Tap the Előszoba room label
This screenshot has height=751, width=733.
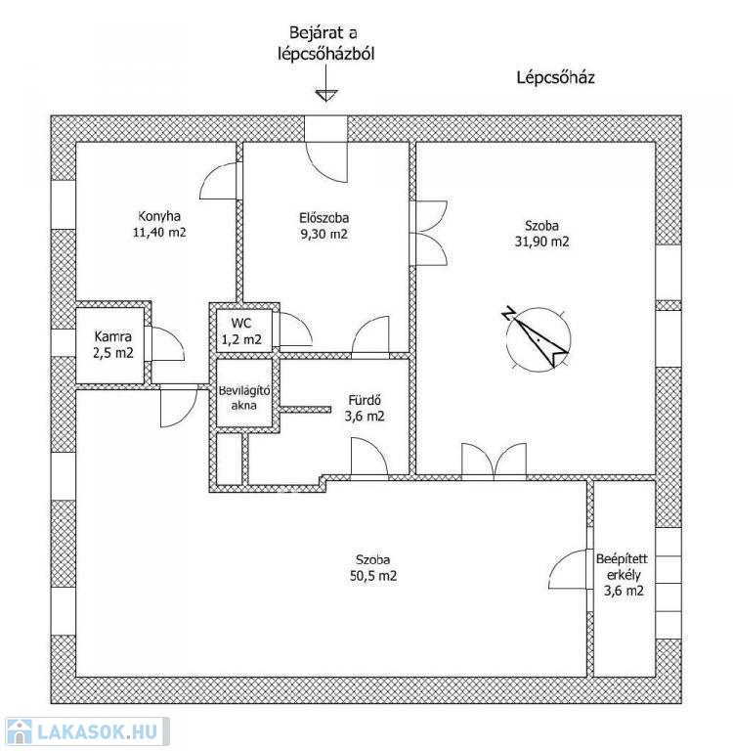[324, 217]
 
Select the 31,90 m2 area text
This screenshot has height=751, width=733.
[539, 242]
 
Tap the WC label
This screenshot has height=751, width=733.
[240, 323]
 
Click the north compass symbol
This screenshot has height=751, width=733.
[537, 338]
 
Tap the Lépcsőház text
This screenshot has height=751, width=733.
[555, 76]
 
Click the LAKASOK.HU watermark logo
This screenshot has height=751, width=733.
[86, 731]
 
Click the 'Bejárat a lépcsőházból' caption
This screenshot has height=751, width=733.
[324, 45]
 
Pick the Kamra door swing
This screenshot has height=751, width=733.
[166, 344]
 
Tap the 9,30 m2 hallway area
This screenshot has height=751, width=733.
[324, 235]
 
